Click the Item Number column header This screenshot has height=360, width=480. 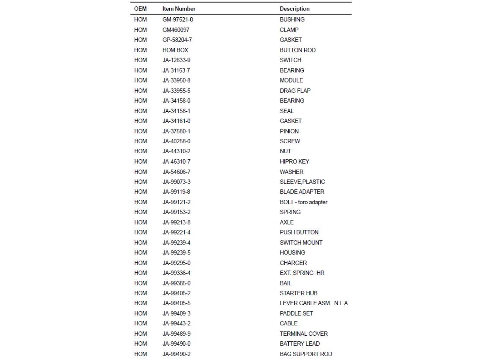pos(179,9)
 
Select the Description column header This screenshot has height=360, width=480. pos(294,9)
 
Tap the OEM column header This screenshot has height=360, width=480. pos(140,9)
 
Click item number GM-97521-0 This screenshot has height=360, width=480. pos(178,20)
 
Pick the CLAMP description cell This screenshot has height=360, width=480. pos(289,30)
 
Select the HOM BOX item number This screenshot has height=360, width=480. pos(175,50)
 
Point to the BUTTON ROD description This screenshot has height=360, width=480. pos(298,50)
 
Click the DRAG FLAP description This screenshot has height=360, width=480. pos(295,91)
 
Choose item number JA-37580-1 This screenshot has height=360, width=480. pos(176,131)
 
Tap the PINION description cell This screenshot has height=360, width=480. pos(289,131)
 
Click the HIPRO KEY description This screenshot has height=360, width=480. pos(294,162)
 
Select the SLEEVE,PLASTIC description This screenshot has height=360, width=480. pos(302,182)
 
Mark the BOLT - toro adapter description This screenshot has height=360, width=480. pos(303,202)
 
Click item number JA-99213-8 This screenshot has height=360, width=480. pos(176,222)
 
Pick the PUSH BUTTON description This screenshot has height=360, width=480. pos(299,232)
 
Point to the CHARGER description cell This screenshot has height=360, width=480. pos(293,263)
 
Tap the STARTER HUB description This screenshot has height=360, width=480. pos(299,293)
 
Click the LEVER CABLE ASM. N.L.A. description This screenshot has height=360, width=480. pos(314,303)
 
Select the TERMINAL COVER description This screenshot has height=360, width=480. pos(304,334)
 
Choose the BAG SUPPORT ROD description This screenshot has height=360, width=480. pos(306,354)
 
